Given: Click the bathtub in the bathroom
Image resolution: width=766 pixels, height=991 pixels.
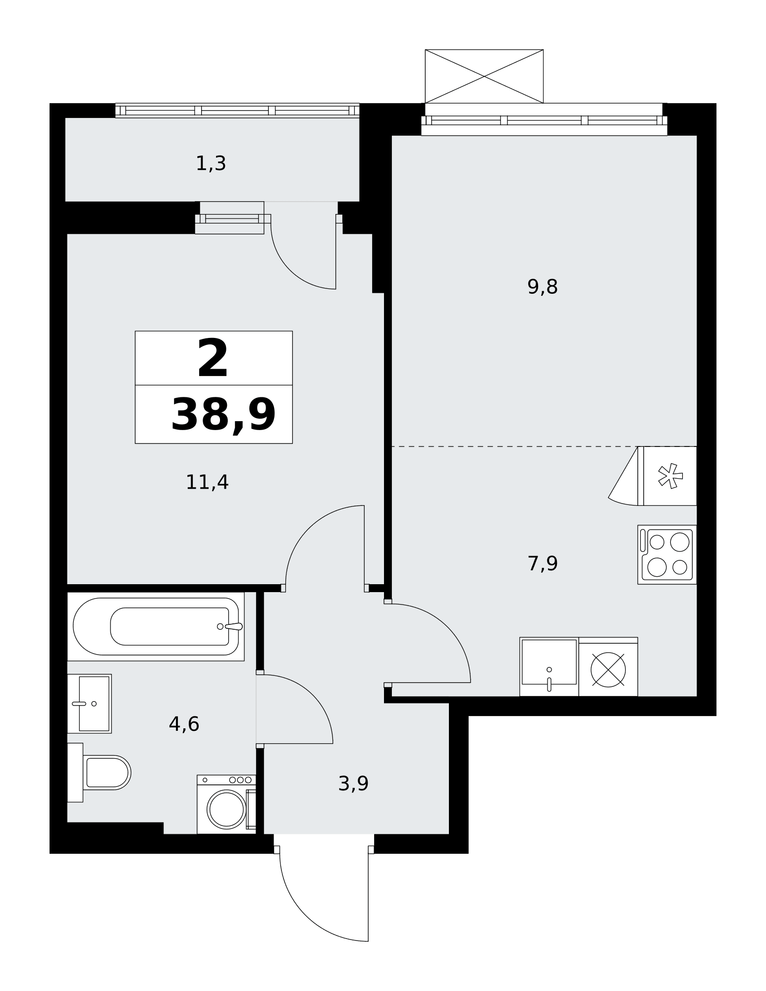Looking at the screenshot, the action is click(156, 626).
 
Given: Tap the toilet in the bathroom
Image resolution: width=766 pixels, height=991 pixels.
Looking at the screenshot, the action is click(99, 772).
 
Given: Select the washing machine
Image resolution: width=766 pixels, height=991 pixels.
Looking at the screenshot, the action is click(226, 804).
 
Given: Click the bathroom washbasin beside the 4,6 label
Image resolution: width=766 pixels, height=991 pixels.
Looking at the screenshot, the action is click(89, 704).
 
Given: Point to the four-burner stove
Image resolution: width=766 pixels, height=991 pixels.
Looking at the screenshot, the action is click(667, 554).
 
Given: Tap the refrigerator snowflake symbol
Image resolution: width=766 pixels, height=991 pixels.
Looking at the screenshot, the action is click(670, 476).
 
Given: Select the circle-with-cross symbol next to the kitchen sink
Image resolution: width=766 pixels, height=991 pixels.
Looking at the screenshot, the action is click(608, 670).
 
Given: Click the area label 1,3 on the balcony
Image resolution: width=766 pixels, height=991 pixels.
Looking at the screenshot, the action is click(211, 164).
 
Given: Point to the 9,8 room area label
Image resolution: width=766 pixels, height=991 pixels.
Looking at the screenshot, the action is click(543, 287).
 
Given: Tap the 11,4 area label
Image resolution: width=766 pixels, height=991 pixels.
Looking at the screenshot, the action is click(207, 482).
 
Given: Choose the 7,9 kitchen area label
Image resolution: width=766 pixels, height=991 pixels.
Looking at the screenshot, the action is click(543, 563).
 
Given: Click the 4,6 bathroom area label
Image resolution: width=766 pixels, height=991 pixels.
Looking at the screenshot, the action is click(184, 724).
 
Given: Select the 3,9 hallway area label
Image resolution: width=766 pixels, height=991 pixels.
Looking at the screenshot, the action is click(353, 783).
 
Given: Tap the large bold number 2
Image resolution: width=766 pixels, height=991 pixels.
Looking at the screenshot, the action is click(213, 358).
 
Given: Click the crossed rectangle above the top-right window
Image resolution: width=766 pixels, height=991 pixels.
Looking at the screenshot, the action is click(484, 76).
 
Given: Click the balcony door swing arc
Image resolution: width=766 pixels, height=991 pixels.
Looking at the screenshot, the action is click(290, 270).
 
